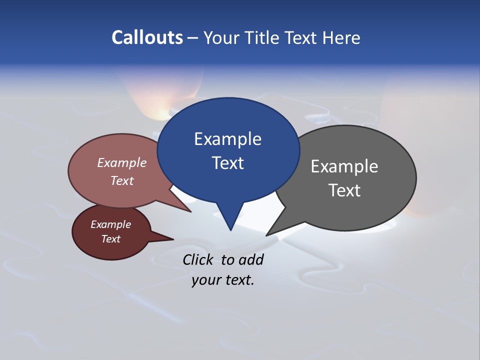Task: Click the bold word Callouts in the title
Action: (x=147, y=38)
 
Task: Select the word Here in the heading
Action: (x=341, y=38)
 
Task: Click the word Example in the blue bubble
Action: (x=227, y=139)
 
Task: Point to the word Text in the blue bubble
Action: (x=227, y=163)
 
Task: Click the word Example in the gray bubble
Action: (x=344, y=166)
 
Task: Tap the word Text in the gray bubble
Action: (x=344, y=190)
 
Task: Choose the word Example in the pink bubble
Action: (x=122, y=162)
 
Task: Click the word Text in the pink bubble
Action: (x=122, y=180)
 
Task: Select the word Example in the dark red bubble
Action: (x=111, y=224)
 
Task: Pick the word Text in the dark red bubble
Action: (x=111, y=239)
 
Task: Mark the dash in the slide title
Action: (x=193, y=38)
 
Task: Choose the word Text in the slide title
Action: (x=301, y=38)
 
